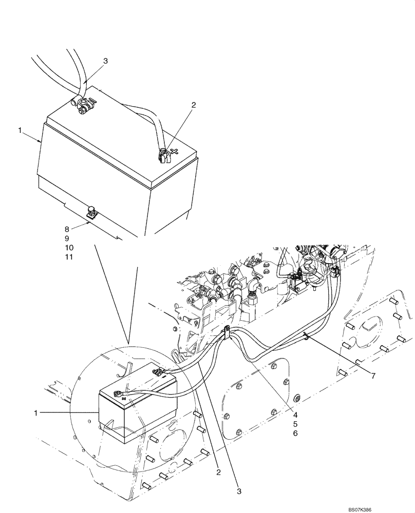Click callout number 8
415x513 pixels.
coord(66,229)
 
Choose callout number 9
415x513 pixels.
coord(66,239)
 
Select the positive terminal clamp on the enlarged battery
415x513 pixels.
coord(163,154)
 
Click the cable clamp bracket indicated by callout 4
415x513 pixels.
coord(226,332)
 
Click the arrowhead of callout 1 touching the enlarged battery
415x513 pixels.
coord(41,141)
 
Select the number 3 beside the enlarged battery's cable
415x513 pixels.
coord(105,61)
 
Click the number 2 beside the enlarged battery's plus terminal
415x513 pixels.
coord(193,105)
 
